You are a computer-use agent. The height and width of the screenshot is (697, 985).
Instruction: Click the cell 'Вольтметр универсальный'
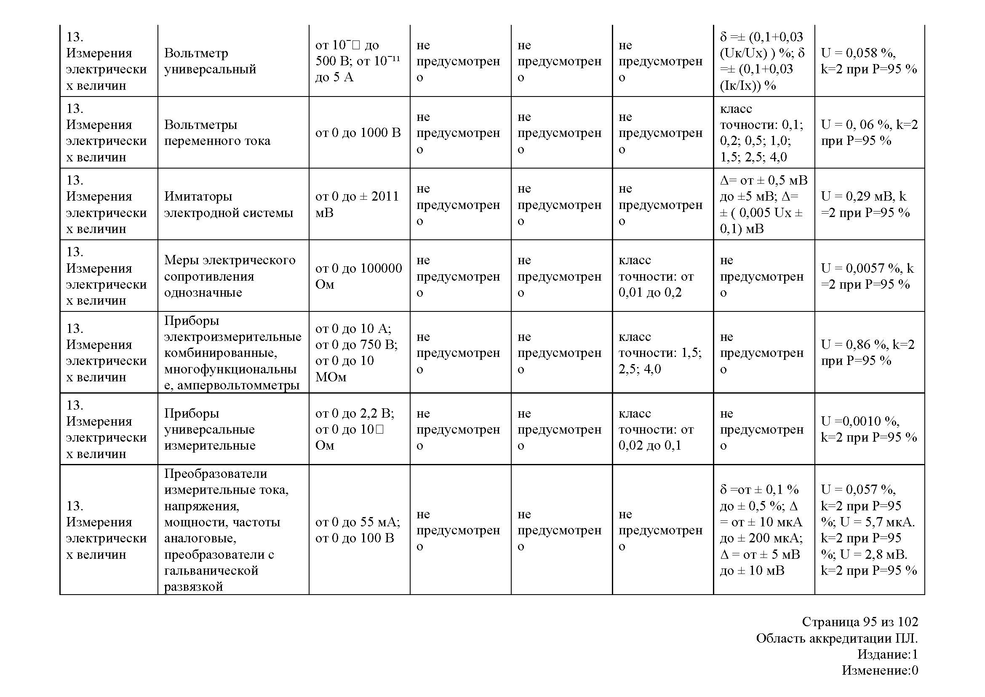pyautogui.click(x=210, y=61)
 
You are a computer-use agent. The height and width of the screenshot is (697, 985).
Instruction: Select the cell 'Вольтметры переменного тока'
pyautogui.click(x=217, y=133)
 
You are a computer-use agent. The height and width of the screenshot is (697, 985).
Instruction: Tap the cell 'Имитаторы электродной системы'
pyautogui.click(x=228, y=204)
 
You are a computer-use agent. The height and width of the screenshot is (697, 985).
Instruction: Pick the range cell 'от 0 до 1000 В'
pyautogui.click(x=358, y=133)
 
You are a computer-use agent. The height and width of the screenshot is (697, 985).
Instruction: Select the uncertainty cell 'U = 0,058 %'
pyautogui.click(x=869, y=61)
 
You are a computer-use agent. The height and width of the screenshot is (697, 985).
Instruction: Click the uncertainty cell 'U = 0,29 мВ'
pyautogui.click(x=865, y=204)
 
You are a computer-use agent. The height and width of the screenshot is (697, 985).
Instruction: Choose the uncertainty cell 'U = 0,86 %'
pyautogui.click(x=868, y=352)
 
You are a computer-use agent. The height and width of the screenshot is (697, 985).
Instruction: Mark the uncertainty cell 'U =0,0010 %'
pyautogui.click(x=869, y=429)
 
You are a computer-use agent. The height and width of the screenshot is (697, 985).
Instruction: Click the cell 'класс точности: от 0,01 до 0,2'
pyautogui.click(x=656, y=276)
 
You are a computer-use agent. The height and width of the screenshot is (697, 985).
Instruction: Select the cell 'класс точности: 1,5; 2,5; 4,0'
pyautogui.click(x=660, y=352)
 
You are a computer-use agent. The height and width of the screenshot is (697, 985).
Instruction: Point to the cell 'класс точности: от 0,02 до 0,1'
pyautogui.click(x=656, y=429)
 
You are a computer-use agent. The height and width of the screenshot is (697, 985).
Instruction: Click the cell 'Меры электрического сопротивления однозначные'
pyautogui.click(x=230, y=276)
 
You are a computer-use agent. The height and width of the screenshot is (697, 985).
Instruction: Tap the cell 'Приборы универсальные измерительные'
pyautogui.click(x=210, y=429)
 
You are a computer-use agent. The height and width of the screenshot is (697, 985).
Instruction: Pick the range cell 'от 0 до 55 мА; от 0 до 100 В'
pyautogui.click(x=358, y=530)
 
